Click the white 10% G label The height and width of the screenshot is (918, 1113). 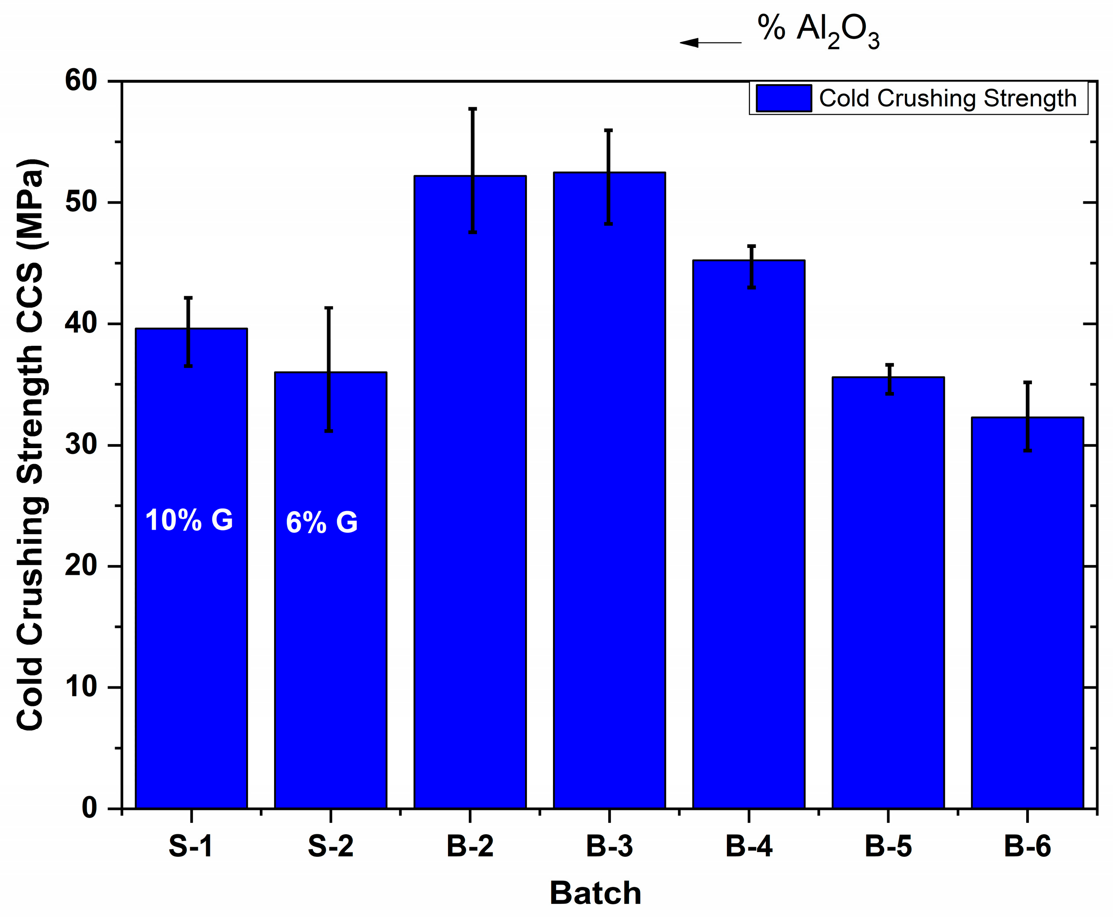pos(189,520)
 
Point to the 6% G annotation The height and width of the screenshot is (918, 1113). pos(321,523)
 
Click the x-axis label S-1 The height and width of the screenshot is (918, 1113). pos(190,846)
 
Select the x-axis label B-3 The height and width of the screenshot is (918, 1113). pos(609,846)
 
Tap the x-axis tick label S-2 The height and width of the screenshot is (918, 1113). pos(330,846)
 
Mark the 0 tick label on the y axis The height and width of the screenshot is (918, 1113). pos(89,808)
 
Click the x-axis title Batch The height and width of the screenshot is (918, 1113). pos(595,893)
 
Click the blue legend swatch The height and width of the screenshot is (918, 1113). pos(784,98)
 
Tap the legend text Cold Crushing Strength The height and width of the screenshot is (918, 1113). pos(947,98)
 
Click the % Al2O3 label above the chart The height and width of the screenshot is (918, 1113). pos(819,31)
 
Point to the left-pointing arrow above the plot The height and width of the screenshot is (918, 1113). pos(710,43)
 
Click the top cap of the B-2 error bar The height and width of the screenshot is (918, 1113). pos(473,109)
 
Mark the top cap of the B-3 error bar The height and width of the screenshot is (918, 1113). pos(609,130)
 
